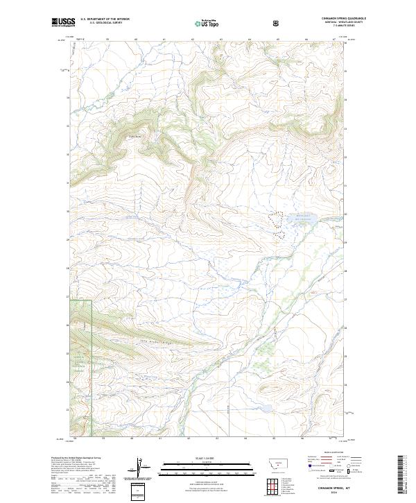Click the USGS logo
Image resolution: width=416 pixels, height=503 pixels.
coord(64,22)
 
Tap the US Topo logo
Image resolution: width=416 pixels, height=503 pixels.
coord(207,24)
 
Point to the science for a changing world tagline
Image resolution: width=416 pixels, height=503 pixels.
coord(63,26)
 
